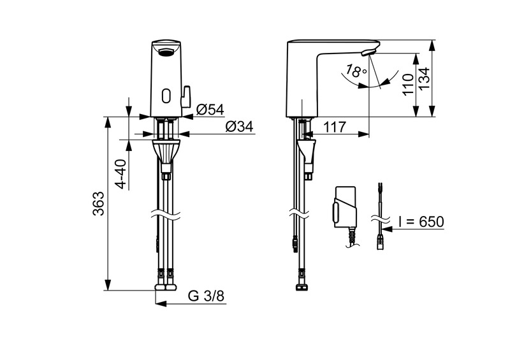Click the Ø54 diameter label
[x=210, y=110]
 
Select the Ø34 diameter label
[x=240, y=127]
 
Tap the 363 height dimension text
[x=99, y=204]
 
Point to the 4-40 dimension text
[x=121, y=174]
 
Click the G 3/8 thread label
[x=206, y=296]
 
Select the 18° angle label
[x=356, y=71]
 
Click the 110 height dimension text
[x=408, y=84]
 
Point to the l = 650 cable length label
[x=421, y=222]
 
